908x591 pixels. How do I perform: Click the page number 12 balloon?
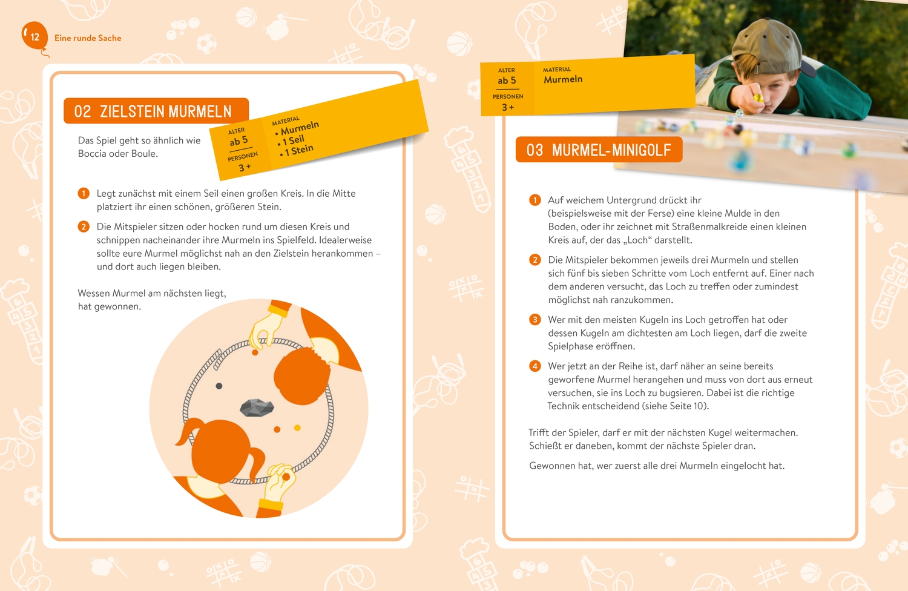coord(35,36)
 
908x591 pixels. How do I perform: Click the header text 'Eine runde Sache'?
coord(88,38)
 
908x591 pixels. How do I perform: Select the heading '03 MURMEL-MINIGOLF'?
coord(599,150)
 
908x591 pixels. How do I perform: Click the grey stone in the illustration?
coord(257,408)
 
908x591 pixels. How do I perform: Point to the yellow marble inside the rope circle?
coord(297,428)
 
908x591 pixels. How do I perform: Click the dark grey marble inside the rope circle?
coord(219,386)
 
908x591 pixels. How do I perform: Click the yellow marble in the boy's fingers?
coord(757,97)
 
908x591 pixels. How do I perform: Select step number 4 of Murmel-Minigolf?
coord(535,366)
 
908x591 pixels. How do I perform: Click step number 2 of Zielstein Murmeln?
coord(84,226)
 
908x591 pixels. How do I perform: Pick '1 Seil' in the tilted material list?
coord(291,140)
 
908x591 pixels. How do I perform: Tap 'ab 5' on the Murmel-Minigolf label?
coord(507,81)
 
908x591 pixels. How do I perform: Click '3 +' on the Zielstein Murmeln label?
coord(245,167)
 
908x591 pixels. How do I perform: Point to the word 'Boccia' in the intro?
coord(91,154)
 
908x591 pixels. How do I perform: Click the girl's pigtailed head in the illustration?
coord(221,451)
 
